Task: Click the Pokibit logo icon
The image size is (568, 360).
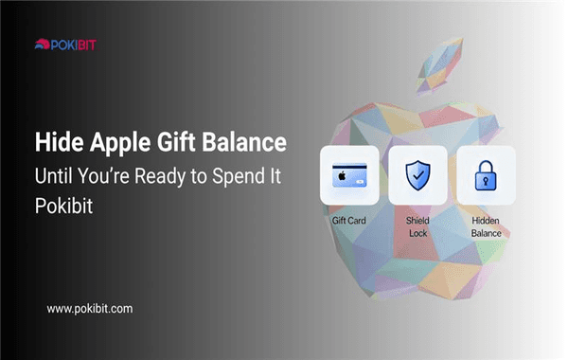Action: tap(42, 43)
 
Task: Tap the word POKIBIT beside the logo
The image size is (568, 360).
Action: tap(76, 43)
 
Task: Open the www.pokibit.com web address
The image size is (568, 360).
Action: tap(89, 309)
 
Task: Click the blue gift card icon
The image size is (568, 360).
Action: tap(349, 175)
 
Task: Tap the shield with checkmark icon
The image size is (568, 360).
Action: tap(417, 175)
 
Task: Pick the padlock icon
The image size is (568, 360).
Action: tap(486, 175)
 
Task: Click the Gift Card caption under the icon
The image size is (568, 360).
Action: tap(349, 220)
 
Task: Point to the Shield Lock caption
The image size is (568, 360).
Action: tap(417, 225)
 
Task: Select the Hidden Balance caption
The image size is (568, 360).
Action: tap(486, 225)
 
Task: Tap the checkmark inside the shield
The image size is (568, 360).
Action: tap(417, 175)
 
